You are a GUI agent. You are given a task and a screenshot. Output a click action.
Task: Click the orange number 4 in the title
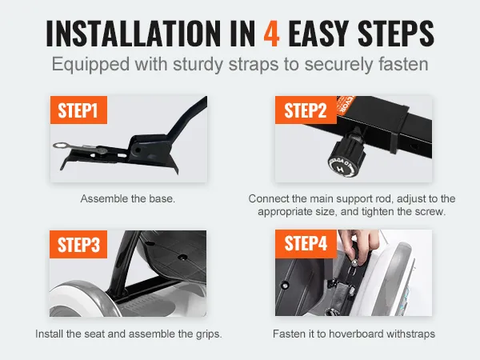click(271, 34)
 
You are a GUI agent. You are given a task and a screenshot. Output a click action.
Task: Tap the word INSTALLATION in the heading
click(133, 34)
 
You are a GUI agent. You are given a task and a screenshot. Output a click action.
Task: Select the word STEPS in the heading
click(395, 34)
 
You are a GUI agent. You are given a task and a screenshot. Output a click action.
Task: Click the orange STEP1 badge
click(78, 110)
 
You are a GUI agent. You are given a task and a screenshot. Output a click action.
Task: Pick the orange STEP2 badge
click(306, 110)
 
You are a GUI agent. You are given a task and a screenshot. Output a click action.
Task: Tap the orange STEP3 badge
click(78, 244)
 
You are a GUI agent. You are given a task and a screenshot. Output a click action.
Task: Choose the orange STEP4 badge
click(306, 244)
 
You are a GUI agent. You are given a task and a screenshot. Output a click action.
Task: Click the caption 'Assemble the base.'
click(128, 198)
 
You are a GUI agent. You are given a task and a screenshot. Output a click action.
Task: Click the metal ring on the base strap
click(59, 145)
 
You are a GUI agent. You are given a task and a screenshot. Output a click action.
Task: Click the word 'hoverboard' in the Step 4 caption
click(356, 334)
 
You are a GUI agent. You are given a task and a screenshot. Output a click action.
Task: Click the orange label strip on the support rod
click(342, 106)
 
